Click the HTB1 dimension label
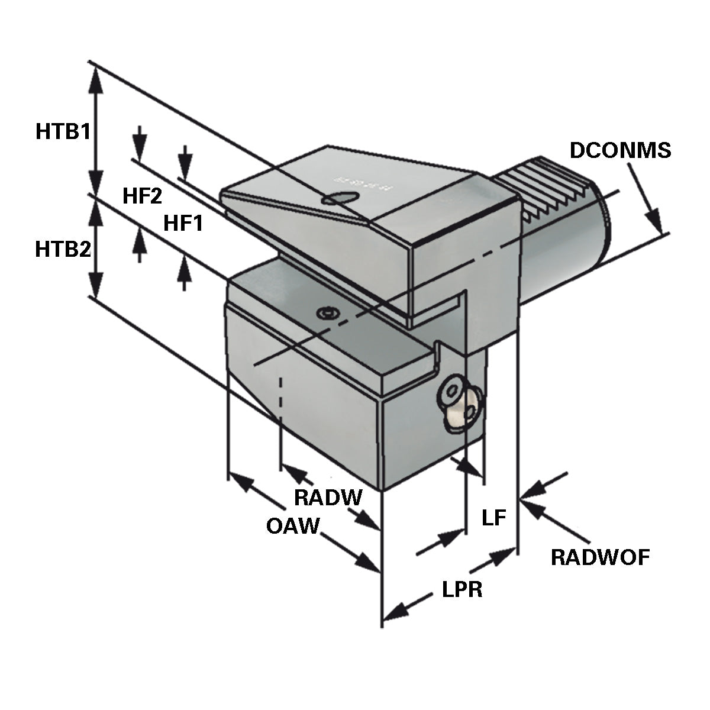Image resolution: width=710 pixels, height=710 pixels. [63, 131]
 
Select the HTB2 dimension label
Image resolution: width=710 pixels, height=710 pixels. [63, 249]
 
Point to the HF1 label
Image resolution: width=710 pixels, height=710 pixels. [183, 223]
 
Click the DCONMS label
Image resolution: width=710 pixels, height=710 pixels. [620, 150]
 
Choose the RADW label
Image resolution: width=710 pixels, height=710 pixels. [328, 498]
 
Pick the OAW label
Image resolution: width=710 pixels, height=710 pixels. [292, 525]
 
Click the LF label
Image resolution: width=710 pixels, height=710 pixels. [494, 519]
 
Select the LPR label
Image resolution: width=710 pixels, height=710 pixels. [462, 589]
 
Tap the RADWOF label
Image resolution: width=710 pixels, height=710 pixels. [600, 557]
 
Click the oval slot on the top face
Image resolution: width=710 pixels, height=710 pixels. [340, 199]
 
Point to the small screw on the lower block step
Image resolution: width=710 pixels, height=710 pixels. [326, 313]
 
